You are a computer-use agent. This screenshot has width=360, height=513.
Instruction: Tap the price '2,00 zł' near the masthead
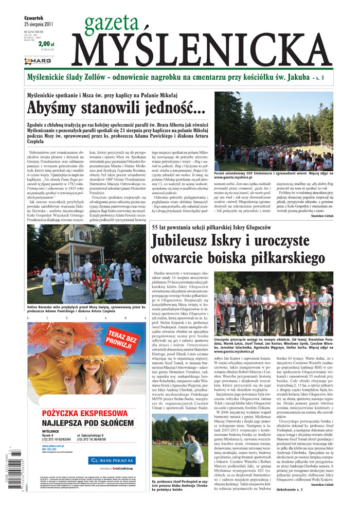pos(46,44)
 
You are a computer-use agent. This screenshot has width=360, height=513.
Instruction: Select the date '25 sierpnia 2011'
pos(39,24)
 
